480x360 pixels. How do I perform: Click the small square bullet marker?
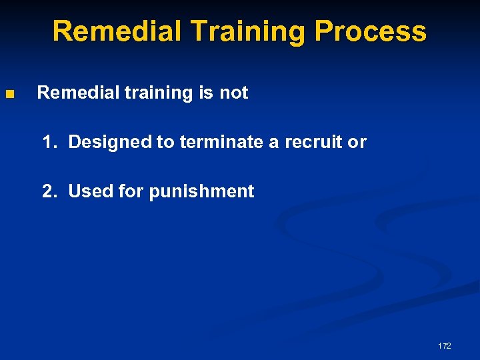9,94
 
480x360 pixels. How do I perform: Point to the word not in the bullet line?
233,93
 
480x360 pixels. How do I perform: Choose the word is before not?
206,93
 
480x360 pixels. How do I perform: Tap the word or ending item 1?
358,142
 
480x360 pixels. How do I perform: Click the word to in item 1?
167,142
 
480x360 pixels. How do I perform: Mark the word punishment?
201,191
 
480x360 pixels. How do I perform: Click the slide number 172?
444,345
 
